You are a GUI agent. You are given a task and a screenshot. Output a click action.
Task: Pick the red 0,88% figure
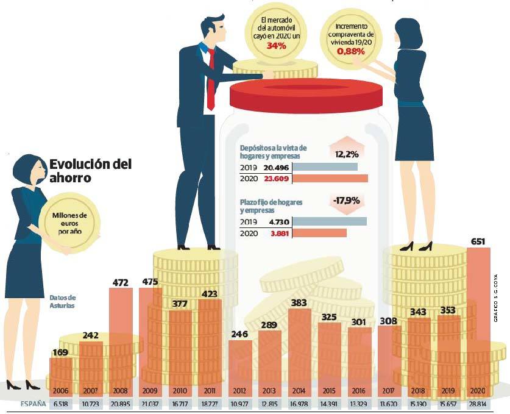(350, 52)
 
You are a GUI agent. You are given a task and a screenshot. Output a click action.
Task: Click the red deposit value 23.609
(276, 179)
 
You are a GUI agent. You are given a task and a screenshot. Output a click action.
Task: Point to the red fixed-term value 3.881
(276, 233)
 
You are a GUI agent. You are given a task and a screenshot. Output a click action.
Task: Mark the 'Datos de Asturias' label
(63, 301)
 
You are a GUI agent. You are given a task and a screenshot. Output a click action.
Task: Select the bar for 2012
(239, 363)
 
